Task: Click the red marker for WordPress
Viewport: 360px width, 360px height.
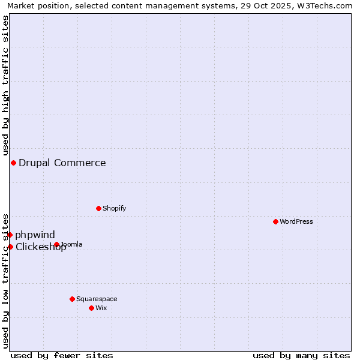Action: tap(275, 221)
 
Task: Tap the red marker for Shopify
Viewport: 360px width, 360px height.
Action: tap(98, 208)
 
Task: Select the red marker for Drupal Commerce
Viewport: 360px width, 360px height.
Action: tap(13, 163)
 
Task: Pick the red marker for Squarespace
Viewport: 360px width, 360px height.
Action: tap(72, 299)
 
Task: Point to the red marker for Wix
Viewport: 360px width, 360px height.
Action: tap(91, 308)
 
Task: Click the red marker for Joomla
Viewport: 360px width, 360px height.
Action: tap(56, 244)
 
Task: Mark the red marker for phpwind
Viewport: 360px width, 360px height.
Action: tap(10, 235)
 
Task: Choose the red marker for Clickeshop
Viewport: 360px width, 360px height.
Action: tap(10, 247)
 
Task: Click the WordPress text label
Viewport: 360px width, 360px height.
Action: tap(296, 221)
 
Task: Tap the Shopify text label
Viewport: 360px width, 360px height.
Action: tap(114, 208)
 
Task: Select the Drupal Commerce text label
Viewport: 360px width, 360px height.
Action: tap(62, 163)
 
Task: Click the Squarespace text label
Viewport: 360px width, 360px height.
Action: tap(97, 299)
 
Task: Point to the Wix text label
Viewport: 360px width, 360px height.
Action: tap(101, 308)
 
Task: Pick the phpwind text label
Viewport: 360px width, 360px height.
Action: tap(35, 235)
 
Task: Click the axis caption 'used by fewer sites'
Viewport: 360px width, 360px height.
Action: tap(62, 355)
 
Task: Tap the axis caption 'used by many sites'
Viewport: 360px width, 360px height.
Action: tap(301, 355)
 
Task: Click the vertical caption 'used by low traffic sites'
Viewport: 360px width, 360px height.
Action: tap(5, 280)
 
